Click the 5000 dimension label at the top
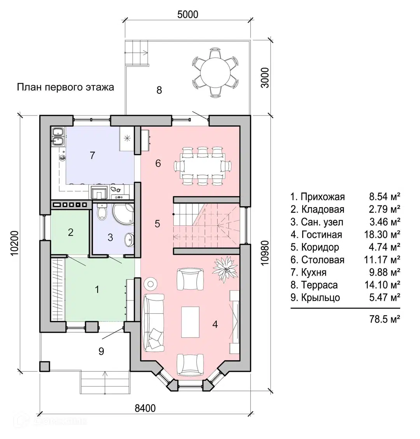pyautogui.click(x=188, y=14)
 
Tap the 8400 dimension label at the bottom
pyautogui.click(x=145, y=408)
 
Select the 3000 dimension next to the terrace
pyautogui.click(x=264, y=77)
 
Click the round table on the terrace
pyautogui.click(x=215, y=72)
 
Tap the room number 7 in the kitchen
pyautogui.click(x=93, y=155)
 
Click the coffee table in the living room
pyautogui.click(x=190, y=322)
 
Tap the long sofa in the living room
pyautogui.click(x=154, y=322)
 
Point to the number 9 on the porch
pyautogui.click(x=101, y=351)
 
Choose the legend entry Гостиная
pyautogui.click(x=316, y=234)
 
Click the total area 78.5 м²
pyautogui.click(x=385, y=319)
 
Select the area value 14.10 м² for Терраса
pyautogui.click(x=382, y=285)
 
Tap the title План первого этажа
pyautogui.click(x=65, y=87)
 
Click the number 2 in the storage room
pyautogui.click(x=70, y=232)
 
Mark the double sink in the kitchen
pyautogui.click(x=58, y=137)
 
